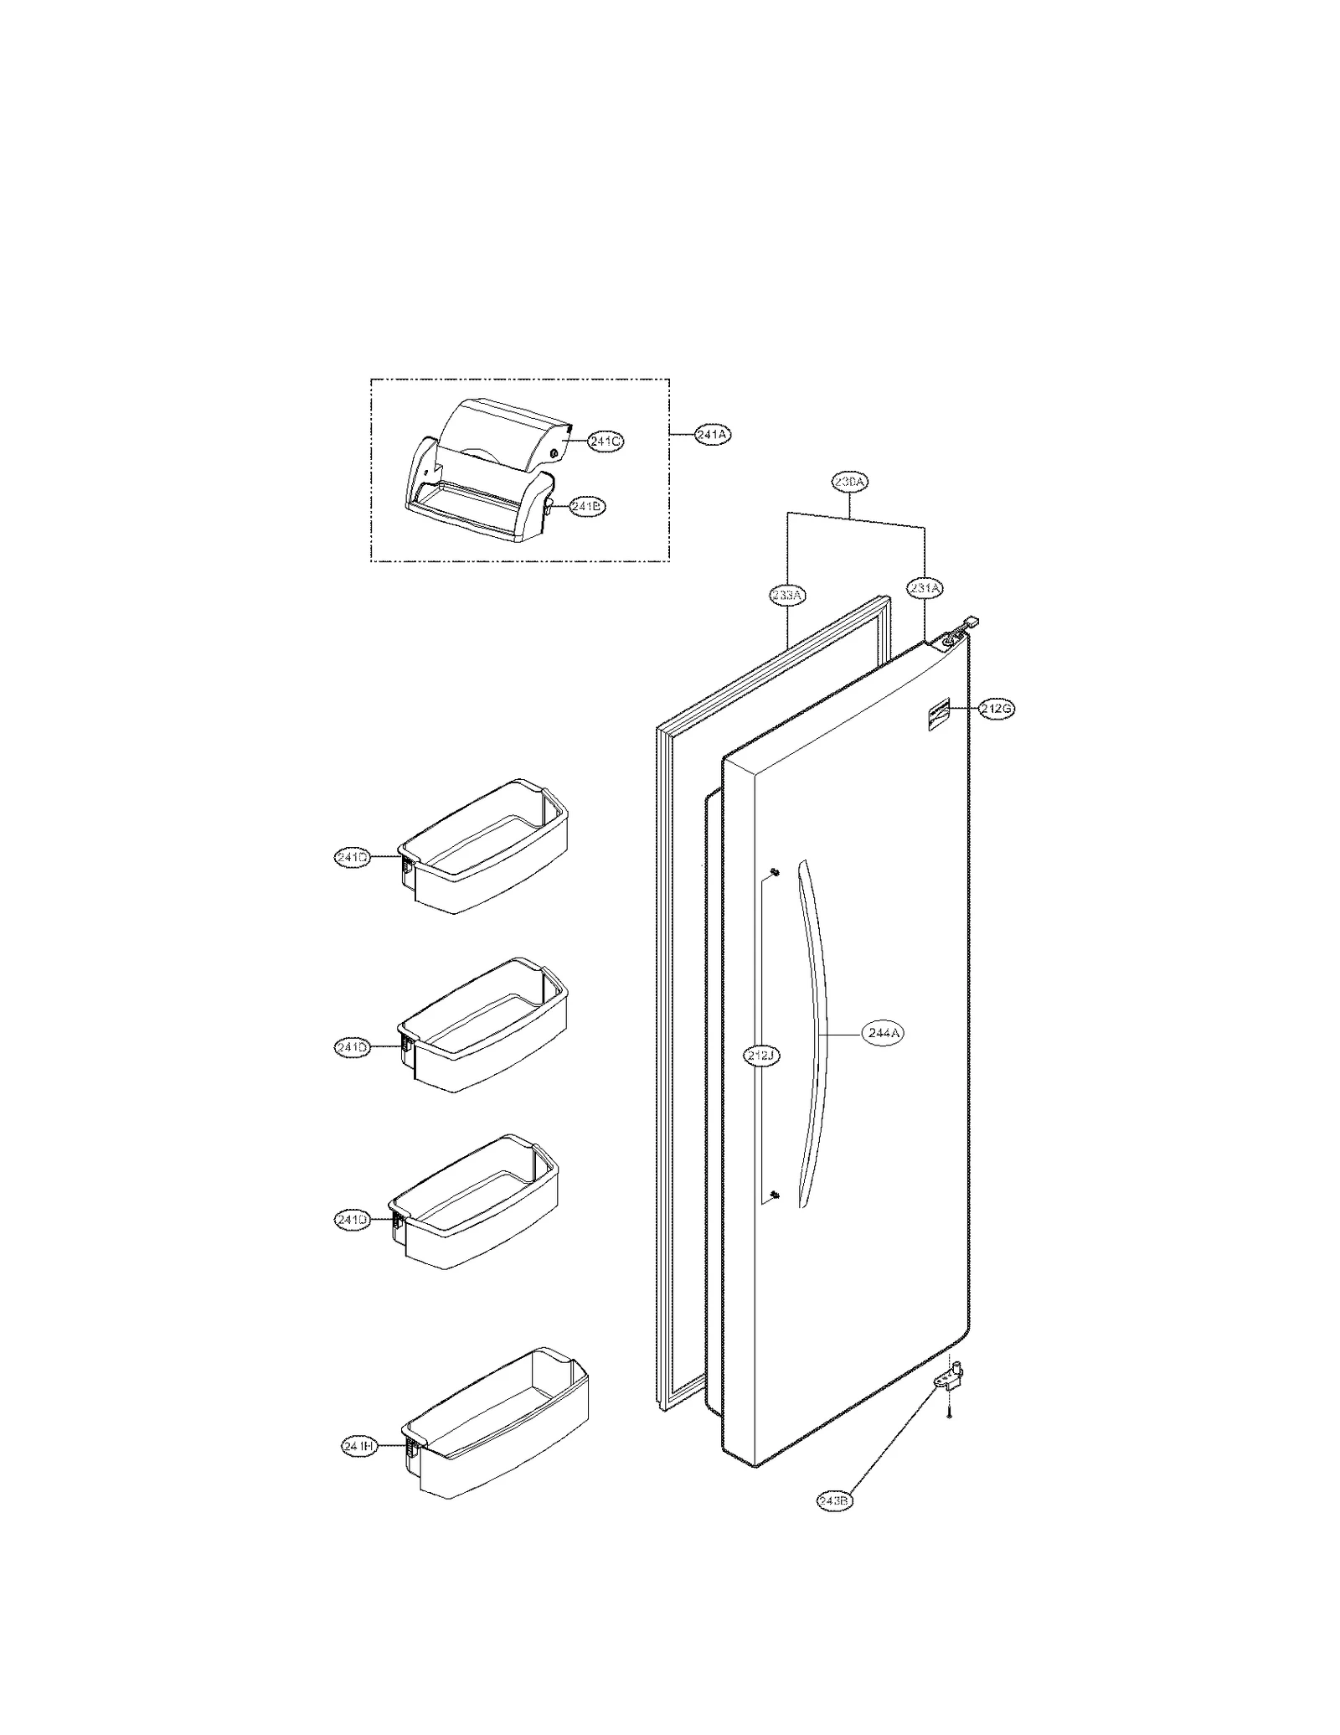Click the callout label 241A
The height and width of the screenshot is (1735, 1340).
tap(712, 435)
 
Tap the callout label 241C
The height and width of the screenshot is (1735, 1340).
tap(605, 441)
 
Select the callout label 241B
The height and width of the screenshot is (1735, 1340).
tap(586, 506)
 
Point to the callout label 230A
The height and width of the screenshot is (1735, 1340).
tap(850, 482)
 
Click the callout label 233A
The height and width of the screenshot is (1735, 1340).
tap(787, 595)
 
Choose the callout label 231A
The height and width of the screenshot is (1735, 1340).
tap(925, 588)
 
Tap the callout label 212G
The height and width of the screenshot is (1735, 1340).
tap(997, 709)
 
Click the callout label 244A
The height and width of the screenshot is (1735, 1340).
tap(884, 1034)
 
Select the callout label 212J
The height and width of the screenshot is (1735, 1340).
tap(762, 1056)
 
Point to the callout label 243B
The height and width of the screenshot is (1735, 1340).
tap(835, 1524)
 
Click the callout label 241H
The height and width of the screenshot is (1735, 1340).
tap(359, 1446)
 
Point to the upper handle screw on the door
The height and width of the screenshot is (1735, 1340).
tap(774, 874)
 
